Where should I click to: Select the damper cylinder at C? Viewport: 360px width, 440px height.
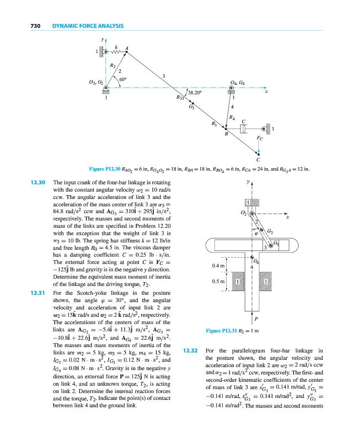click(x=246, y=129)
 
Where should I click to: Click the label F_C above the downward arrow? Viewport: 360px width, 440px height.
click(x=259, y=138)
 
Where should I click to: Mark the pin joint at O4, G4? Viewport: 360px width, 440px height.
click(x=231, y=89)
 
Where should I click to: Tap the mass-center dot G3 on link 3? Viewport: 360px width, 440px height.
click(x=192, y=103)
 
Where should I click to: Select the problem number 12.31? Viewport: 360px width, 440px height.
click(x=38, y=293)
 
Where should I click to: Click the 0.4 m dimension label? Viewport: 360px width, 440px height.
click(x=218, y=265)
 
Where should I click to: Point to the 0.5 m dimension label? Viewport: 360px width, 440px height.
click(x=218, y=282)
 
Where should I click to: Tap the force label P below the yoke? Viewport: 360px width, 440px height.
click(x=256, y=318)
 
